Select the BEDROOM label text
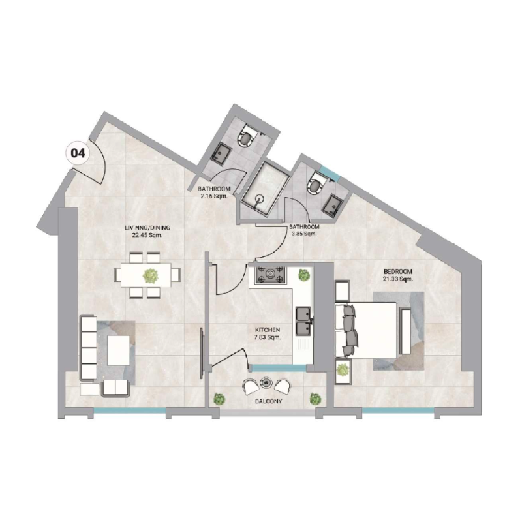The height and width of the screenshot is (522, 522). click(x=398, y=275)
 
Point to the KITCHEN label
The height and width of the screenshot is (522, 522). click(x=268, y=333)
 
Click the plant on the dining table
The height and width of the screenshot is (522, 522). click(x=151, y=275)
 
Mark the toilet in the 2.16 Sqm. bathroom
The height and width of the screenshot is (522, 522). click(x=247, y=135)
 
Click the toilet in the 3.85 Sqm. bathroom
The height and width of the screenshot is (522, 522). click(x=316, y=183)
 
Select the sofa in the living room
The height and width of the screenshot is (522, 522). click(x=88, y=347)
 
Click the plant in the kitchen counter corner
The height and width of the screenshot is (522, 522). click(x=303, y=275)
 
